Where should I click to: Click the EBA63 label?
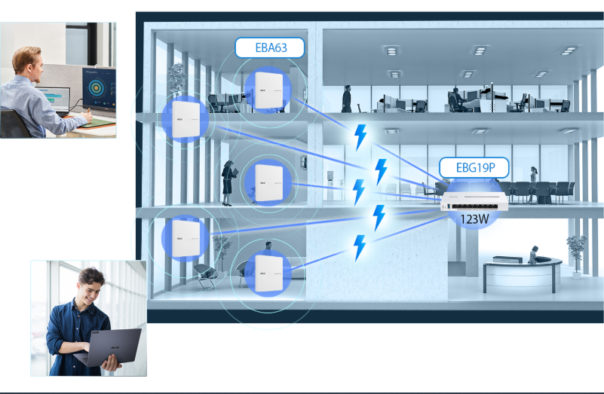270,48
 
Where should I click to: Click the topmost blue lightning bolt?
361,136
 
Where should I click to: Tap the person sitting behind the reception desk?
534,255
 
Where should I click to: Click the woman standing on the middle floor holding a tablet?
228,183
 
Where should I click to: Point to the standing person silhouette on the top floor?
347,98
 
